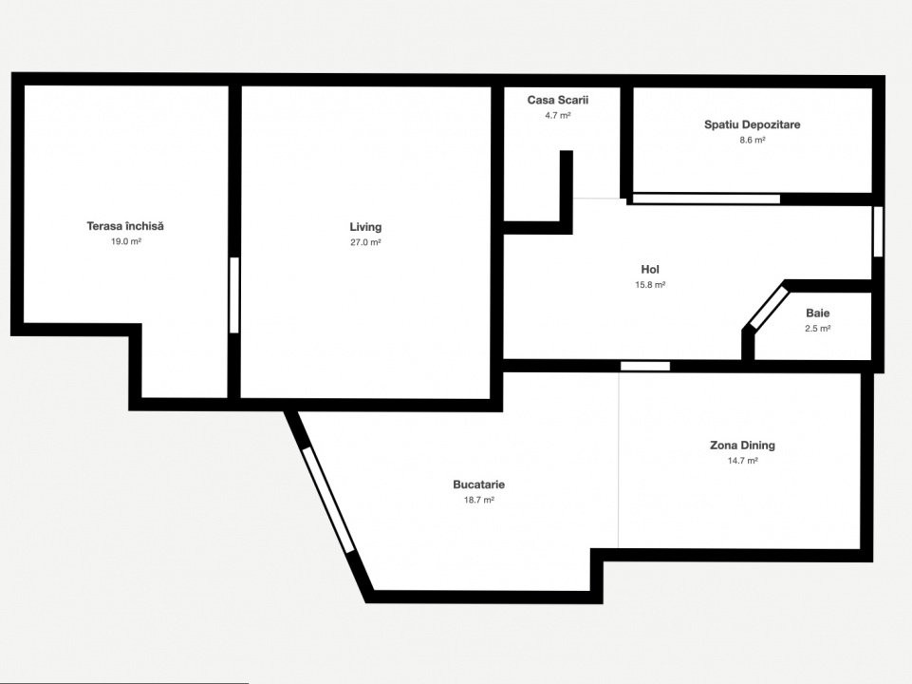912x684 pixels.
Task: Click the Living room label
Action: (365, 227)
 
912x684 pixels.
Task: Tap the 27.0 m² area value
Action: (365, 243)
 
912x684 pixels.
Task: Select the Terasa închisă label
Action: (125, 226)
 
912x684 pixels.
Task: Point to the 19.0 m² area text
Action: (126, 241)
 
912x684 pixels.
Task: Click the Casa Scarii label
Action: (558, 100)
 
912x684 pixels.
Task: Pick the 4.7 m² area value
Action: (558, 115)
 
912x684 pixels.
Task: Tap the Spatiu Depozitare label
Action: (752, 124)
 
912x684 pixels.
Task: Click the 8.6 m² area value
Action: (752, 140)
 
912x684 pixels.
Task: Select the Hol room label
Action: (650, 270)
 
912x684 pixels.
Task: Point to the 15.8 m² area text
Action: (650, 285)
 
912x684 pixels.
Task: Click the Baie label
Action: (818, 313)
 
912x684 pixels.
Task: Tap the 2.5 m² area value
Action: (818, 329)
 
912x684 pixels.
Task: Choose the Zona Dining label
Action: (743, 446)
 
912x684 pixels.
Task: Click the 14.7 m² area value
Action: (743, 461)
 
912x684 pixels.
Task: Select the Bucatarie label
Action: (478, 484)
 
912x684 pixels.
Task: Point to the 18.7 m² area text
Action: (478, 500)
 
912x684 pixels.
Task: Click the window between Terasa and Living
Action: (234, 295)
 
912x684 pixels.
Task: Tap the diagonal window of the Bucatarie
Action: (328, 500)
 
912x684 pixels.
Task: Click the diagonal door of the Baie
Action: (767, 308)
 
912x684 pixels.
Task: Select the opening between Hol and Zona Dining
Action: (645, 366)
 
